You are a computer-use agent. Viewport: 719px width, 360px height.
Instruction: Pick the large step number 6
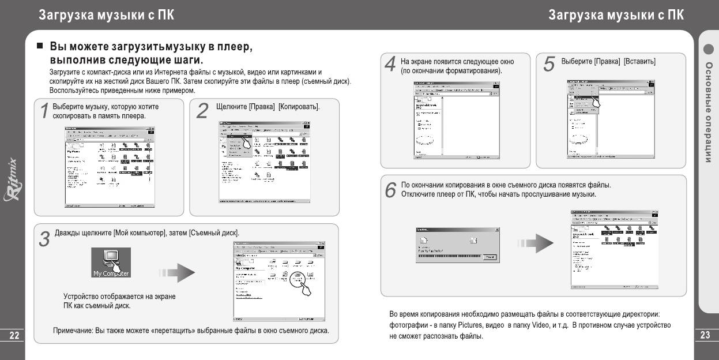[390, 189]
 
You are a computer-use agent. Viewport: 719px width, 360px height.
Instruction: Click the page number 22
[12, 335]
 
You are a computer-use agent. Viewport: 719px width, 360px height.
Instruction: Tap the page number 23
[706, 335]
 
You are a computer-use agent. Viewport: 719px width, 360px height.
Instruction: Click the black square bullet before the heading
[40, 46]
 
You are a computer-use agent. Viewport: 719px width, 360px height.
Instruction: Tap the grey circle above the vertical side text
[709, 49]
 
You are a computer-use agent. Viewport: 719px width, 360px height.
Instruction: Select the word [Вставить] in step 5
[639, 62]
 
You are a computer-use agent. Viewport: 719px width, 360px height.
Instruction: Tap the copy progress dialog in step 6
[456, 245]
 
